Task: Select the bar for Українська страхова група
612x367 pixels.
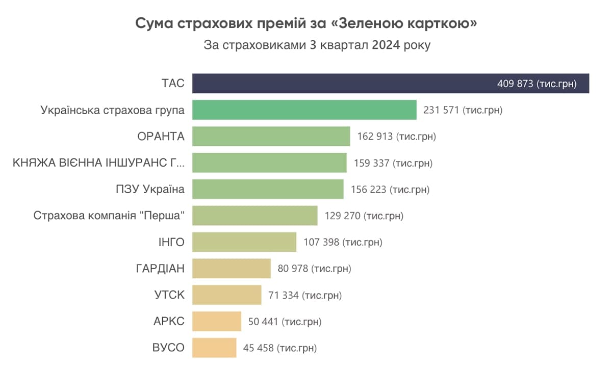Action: point(304,110)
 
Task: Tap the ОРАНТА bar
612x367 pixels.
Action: point(271,137)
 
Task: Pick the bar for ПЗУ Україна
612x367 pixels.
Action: point(268,189)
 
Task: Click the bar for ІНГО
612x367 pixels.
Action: point(244,242)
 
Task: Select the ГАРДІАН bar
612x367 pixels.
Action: point(231,268)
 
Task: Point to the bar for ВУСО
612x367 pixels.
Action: point(214,348)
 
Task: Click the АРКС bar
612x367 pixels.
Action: point(216,321)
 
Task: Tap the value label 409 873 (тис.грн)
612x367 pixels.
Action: point(537,84)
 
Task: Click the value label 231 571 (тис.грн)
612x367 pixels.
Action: point(463,110)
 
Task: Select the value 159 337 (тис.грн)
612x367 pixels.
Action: point(393,163)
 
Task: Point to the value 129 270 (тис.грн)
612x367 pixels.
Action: point(364,216)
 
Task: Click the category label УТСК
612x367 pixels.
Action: point(169,295)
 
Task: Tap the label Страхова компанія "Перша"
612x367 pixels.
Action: point(109,216)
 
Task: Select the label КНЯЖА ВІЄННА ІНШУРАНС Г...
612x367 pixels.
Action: point(98,163)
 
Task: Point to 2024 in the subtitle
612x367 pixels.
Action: point(386,45)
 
